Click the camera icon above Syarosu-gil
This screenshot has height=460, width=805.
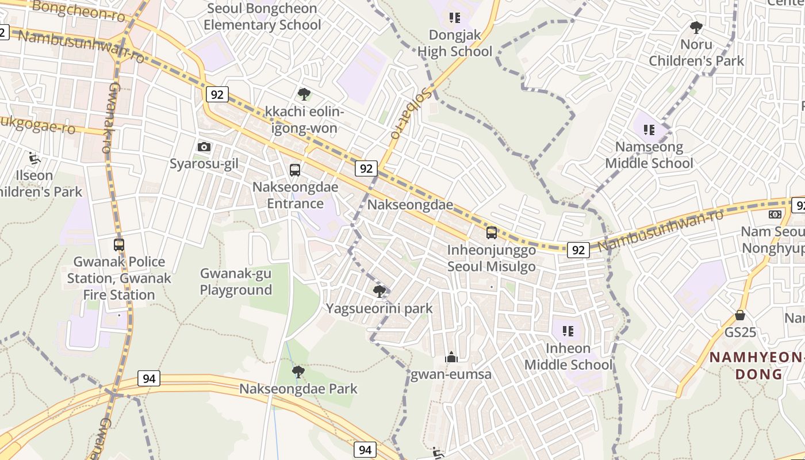point(204,147)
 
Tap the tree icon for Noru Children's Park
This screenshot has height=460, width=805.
point(696,27)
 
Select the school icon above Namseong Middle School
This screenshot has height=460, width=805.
point(649,130)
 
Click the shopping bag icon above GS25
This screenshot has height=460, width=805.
point(740,315)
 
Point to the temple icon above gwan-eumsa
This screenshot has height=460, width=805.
point(451,358)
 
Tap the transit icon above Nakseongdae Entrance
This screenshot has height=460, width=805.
point(295,170)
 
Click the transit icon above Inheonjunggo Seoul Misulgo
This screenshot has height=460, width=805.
point(492,232)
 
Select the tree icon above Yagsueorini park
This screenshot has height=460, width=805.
point(379,292)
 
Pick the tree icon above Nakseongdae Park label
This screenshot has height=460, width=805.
point(298,372)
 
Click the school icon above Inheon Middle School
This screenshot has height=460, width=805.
point(568,331)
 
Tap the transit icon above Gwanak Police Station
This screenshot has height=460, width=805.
point(119,245)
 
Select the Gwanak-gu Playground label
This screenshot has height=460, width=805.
point(236,282)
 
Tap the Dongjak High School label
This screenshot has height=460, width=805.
point(455,43)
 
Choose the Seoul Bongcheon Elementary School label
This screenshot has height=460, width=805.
point(262,17)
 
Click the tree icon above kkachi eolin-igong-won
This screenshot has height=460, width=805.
point(304,94)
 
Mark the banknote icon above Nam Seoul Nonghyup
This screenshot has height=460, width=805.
point(775,214)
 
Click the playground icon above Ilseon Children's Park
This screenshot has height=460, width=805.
point(33,158)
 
